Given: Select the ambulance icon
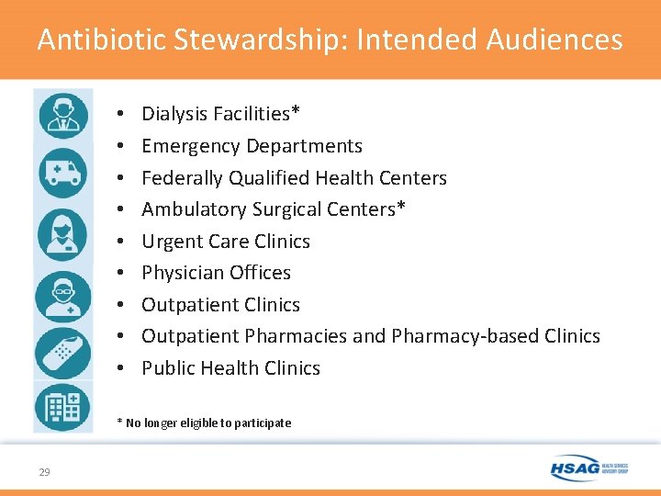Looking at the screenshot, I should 62,173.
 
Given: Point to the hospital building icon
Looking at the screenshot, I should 62,406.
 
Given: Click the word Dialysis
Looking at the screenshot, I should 174,114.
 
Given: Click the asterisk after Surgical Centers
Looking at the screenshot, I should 400,208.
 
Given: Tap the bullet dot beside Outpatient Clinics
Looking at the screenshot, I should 122,305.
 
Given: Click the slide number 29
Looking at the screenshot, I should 44,472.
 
